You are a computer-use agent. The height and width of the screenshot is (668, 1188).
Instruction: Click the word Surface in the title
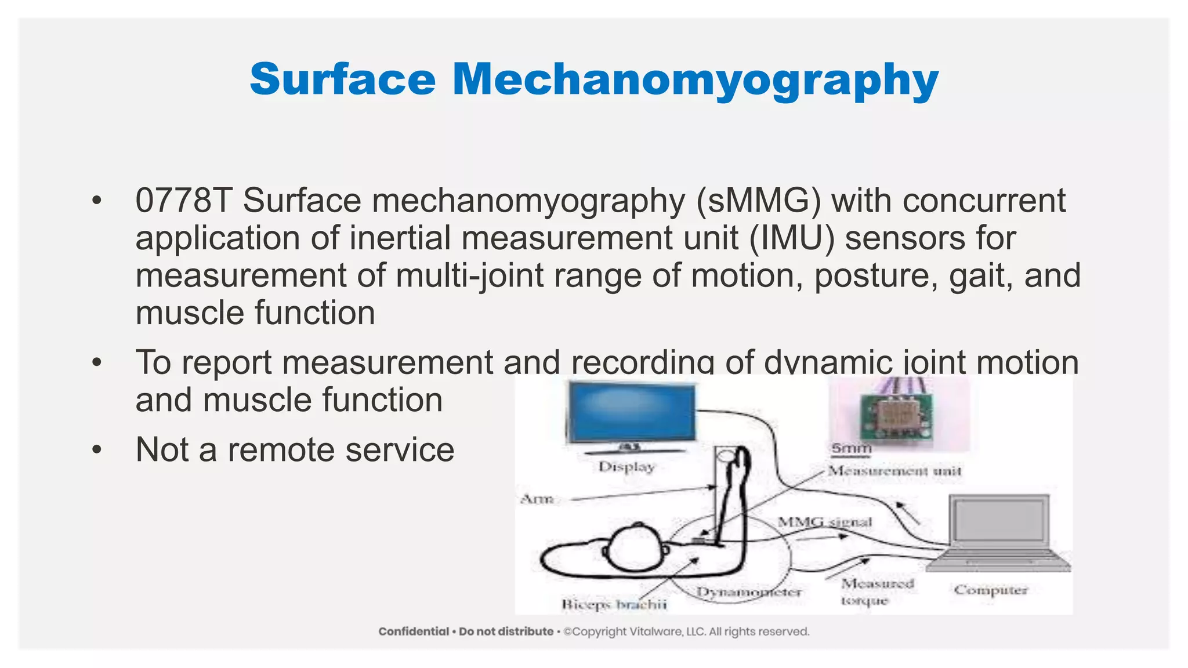point(342,79)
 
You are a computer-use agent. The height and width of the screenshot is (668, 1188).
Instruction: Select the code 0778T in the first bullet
point(183,201)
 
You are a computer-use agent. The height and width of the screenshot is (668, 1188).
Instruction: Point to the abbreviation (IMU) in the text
point(791,238)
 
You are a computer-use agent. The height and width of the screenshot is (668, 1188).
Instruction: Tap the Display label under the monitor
point(626,467)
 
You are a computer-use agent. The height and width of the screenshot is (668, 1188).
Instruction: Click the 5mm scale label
point(851,448)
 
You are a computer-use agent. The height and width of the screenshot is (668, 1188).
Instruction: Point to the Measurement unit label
point(894,471)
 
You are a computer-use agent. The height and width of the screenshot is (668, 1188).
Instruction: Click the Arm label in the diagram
point(537,499)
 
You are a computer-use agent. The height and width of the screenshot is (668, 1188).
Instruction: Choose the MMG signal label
point(824,522)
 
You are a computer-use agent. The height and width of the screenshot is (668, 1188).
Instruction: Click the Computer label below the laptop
point(991,590)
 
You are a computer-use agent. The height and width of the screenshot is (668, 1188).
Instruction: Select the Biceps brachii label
point(614,604)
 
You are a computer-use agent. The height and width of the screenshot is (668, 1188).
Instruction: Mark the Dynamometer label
point(749,592)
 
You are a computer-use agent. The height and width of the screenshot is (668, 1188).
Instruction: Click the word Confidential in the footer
point(414,631)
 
